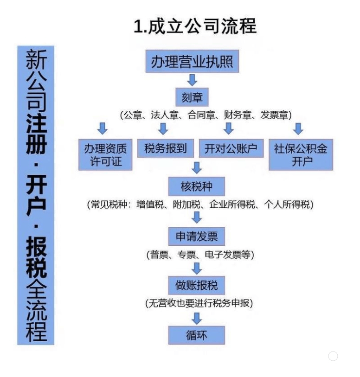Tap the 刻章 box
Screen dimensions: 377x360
click(192, 97)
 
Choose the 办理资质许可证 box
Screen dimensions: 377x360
click(106, 154)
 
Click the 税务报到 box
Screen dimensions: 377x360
click(166, 148)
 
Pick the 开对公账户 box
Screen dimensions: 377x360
click(231, 148)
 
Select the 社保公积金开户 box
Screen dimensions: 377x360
click(301, 154)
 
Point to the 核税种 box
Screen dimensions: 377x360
click(196, 187)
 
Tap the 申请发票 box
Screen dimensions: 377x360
click(196, 236)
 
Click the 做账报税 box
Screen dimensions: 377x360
click(196, 285)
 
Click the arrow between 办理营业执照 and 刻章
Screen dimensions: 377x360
click(192, 80)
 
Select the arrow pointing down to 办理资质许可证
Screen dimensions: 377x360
click(103, 128)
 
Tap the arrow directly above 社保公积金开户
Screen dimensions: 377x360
click(298, 128)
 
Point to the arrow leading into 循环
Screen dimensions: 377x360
click(197, 318)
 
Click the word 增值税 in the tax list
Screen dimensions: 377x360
click(148, 204)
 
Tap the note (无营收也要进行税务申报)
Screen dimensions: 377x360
click(199, 304)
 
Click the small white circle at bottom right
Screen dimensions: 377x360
click(333, 356)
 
